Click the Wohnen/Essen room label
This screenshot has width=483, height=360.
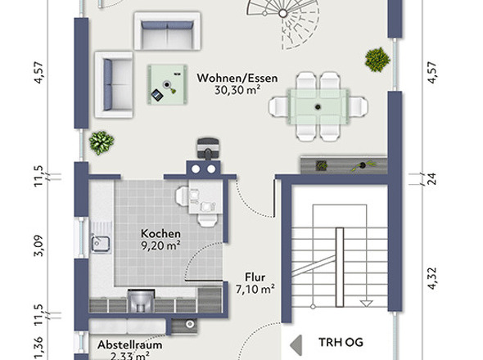click(237, 79)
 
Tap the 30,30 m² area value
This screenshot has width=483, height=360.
click(237, 90)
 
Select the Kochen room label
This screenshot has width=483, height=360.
click(160, 233)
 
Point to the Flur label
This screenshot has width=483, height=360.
click(255, 277)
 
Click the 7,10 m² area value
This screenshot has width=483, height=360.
click(255, 289)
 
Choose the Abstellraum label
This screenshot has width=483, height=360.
click(129, 345)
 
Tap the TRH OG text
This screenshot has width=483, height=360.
click(341, 343)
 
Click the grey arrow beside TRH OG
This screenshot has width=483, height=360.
click(296, 345)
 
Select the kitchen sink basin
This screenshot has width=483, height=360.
click(101, 245)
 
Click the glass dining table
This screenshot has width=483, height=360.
click(318, 106)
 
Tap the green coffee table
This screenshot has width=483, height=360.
click(167, 85)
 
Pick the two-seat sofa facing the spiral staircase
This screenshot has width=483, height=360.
click(167, 31)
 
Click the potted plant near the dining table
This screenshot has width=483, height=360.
click(377, 60)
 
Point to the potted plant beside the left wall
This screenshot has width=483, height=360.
click(102, 143)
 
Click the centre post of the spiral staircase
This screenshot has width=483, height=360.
click(282, 13)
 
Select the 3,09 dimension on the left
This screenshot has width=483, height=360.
click(38, 245)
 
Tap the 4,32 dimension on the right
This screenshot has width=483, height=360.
click(432, 278)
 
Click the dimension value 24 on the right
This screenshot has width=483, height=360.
click(432, 179)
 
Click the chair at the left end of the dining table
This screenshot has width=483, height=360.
click(278, 106)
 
